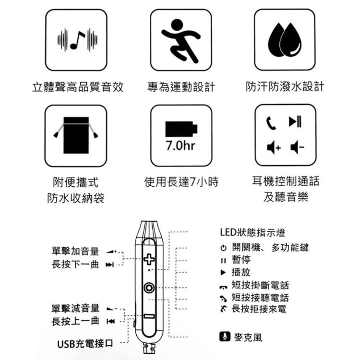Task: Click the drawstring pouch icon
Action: (x=76, y=134)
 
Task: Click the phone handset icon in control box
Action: (x=273, y=123)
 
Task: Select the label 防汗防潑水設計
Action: (x=285, y=87)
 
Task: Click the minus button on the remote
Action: (x=149, y=316)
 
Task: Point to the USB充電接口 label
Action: (x=85, y=344)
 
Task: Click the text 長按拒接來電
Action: (x=259, y=309)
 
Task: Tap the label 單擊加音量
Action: (x=75, y=252)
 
